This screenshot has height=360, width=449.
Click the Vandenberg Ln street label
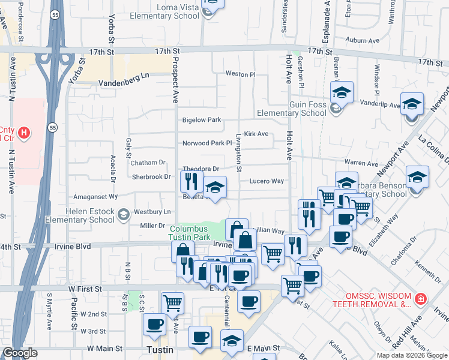point(123,77)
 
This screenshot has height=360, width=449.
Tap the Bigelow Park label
point(202,120)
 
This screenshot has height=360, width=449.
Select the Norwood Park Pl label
point(207,143)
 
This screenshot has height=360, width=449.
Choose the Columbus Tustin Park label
point(188,233)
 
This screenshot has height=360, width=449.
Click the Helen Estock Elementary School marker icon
point(123,214)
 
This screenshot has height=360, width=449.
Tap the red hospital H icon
point(23,133)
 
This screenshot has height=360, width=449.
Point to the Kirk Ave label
point(256,134)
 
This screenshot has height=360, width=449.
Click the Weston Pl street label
point(240,74)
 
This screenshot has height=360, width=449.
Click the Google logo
point(20,353)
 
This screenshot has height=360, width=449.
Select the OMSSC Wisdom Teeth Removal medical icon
point(421,298)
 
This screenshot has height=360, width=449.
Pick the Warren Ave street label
point(361,163)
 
